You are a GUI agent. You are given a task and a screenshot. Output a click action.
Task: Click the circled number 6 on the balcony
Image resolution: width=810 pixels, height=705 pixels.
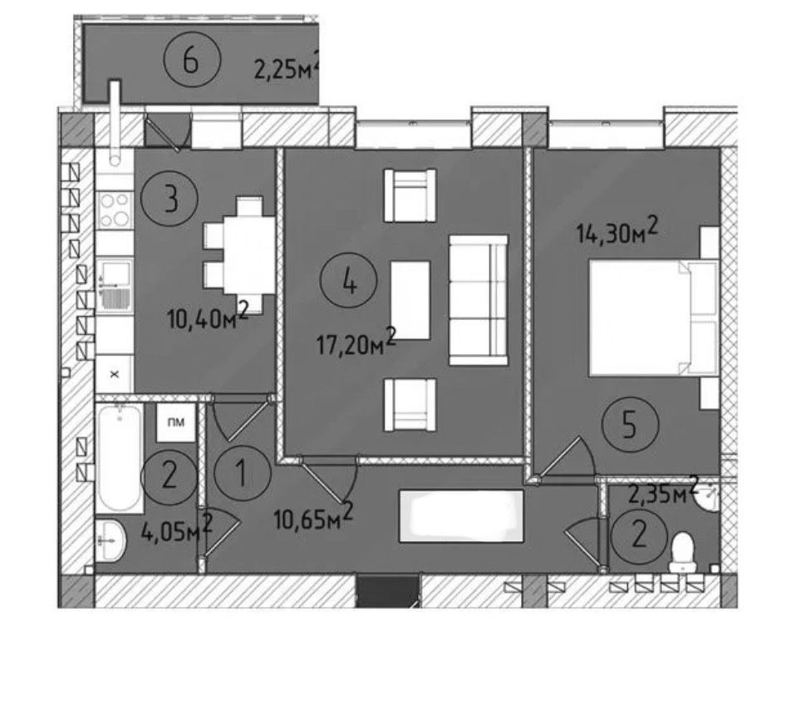pyautogui.click(x=192, y=62)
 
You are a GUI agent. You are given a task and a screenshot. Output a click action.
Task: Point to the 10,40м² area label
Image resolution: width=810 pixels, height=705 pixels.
pyautogui.click(x=208, y=315)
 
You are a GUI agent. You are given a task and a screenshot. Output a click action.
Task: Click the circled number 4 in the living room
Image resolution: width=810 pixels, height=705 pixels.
pyautogui.click(x=349, y=281)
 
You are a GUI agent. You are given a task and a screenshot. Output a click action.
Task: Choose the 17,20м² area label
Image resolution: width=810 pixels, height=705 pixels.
pyautogui.click(x=356, y=342)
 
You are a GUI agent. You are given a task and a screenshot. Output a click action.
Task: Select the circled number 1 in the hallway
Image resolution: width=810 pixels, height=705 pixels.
pyautogui.click(x=242, y=473)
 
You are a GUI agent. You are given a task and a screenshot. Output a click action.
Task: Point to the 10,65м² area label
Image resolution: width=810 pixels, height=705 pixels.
pyautogui.click(x=313, y=516)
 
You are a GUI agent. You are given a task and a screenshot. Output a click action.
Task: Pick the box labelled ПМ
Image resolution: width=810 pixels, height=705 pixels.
pyautogui.click(x=176, y=422)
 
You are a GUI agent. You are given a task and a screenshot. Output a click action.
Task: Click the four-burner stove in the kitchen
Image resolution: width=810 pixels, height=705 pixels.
pyautogui.click(x=115, y=210)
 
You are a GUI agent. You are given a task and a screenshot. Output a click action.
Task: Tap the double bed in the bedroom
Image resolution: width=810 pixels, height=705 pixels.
pyautogui.click(x=654, y=318)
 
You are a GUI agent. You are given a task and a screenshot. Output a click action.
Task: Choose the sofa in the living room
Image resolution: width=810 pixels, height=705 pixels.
pyautogui.click(x=479, y=300)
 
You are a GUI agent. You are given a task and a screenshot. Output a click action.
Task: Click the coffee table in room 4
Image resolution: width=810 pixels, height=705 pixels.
pyautogui.click(x=410, y=300)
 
